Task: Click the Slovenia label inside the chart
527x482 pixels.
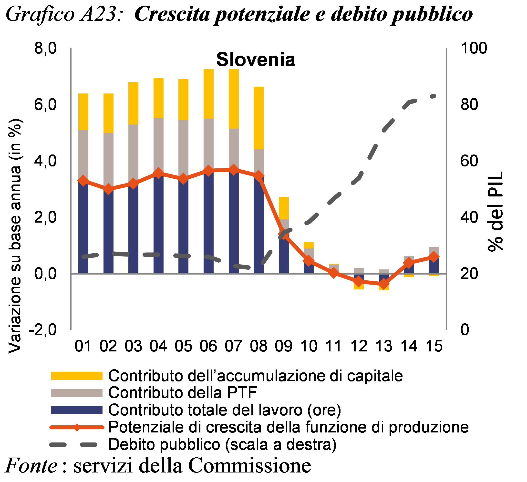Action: click(255, 60)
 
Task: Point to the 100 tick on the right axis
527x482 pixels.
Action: click(473, 49)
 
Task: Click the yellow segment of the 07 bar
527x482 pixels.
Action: click(234, 99)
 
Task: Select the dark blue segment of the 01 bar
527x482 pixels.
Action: click(83, 230)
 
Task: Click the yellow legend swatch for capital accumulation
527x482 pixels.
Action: click(76, 376)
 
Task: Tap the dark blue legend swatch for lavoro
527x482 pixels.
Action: click(76, 410)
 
